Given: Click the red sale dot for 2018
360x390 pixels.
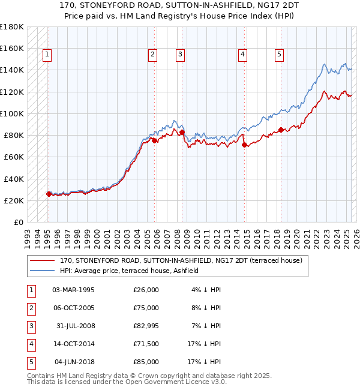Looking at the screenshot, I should [x=281, y=130].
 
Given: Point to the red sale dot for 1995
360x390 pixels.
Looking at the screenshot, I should [x=49, y=194].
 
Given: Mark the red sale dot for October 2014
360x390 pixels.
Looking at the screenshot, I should [x=244, y=145].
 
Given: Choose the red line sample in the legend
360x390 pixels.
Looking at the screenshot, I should [x=41, y=261].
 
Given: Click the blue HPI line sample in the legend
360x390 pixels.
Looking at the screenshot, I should [x=41, y=271].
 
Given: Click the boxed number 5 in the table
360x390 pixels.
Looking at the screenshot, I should [x=31, y=362].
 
